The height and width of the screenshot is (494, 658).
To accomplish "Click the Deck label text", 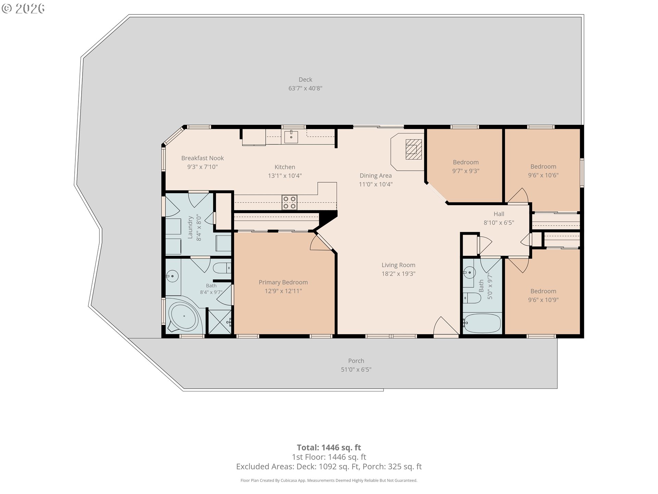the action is [x=305, y=80].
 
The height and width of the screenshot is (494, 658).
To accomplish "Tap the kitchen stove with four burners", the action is [x=290, y=202].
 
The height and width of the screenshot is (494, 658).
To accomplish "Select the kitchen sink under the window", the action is [x=291, y=137].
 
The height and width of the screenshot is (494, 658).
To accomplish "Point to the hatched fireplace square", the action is [x=414, y=149].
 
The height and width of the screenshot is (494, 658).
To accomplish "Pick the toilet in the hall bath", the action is [x=472, y=297].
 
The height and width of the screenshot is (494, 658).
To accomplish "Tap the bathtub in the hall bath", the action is [x=482, y=323].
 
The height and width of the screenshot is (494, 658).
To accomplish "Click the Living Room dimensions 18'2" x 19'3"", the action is [x=399, y=274].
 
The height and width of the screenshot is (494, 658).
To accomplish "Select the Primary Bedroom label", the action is [x=283, y=282].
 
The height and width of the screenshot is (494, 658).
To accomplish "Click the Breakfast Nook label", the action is [x=203, y=158].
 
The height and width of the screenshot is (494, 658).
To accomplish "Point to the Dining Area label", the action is [x=376, y=176].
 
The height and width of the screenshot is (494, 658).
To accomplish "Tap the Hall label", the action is [x=499, y=214].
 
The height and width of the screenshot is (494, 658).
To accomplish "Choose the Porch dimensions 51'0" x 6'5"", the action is [x=356, y=369].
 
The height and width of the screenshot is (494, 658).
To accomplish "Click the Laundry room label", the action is [x=190, y=227].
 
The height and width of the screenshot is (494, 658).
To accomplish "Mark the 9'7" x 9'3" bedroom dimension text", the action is [x=466, y=171].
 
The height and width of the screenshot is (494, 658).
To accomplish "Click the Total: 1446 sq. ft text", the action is [x=329, y=447].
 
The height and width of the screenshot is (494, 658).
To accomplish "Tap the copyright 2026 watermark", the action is [x=23, y=8].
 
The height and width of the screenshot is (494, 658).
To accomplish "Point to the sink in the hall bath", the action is [x=469, y=273].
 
